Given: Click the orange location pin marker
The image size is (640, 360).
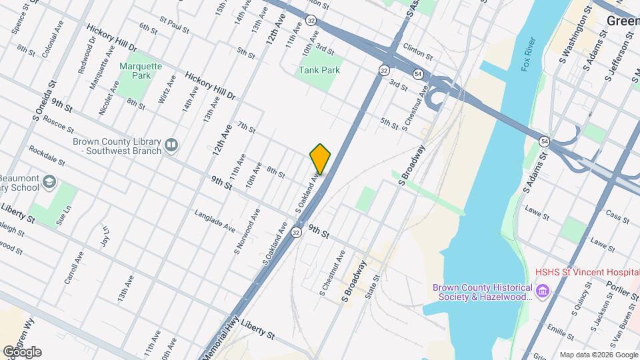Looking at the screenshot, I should click(321, 159).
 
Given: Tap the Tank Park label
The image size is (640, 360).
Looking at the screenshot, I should click(319, 70).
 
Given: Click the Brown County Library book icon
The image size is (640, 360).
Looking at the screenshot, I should click(171, 145).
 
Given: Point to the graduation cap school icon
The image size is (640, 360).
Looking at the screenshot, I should click(49, 182).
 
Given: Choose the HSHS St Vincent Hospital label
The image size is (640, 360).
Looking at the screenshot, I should click(587, 273).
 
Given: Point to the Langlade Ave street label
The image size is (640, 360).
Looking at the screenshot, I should click(215, 221).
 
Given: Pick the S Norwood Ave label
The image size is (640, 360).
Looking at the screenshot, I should click(246, 233).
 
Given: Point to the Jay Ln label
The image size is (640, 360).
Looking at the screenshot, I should click(105, 238).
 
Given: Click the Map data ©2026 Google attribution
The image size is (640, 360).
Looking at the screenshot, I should click(597, 355).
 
